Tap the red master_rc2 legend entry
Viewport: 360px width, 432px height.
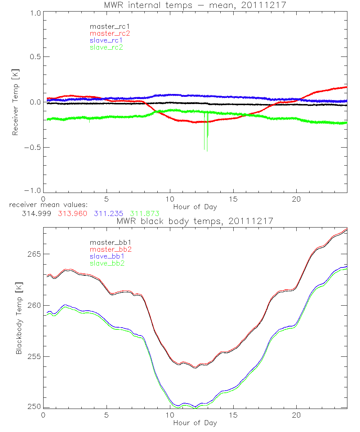coord(110,33)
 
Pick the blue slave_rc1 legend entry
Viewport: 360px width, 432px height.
coord(106,40)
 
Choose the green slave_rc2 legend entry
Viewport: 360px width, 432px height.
coord(106,47)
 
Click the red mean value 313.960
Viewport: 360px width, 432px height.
coord(72,213)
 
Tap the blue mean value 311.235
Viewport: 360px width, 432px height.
coord(109,213)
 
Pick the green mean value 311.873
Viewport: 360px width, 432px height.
coord(145,213)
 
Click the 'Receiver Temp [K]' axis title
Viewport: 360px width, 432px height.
coord(15,102)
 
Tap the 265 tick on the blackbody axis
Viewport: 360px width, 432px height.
coord(34,254)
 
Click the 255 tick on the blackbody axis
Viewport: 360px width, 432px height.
coord(34,356)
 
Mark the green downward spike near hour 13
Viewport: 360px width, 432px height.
coord(208,130)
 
